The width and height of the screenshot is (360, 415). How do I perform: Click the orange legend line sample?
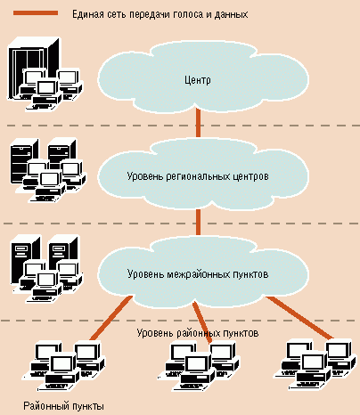coord(36,13)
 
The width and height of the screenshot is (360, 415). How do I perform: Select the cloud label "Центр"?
coord(198,80)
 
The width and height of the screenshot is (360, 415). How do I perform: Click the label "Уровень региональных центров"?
coord(198,176)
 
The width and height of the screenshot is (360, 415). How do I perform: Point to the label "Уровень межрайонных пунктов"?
coord(198,273)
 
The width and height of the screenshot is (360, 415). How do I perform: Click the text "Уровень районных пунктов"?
coord(198,333)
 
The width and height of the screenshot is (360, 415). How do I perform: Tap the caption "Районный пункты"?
coord(63,406)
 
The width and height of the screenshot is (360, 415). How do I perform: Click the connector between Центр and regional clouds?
coord(198,122)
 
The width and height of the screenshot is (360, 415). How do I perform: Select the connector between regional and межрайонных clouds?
coord(198,222)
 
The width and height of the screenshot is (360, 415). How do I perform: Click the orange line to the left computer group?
coord(111,318)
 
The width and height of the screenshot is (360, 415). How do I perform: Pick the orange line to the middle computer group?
coord(202,322)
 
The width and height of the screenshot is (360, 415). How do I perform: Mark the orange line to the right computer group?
coord(300,318)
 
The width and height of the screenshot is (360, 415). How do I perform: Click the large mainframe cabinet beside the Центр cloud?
coord(32,69)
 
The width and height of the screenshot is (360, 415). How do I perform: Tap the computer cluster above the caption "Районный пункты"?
coord(64,366)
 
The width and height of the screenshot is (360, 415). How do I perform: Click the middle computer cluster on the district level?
coord(199,366)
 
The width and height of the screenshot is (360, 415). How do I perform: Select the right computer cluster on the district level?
coord(315,365)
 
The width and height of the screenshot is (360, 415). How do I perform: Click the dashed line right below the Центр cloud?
coord(183,126)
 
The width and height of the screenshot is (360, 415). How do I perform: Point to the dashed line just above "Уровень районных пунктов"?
coord(178,321)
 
